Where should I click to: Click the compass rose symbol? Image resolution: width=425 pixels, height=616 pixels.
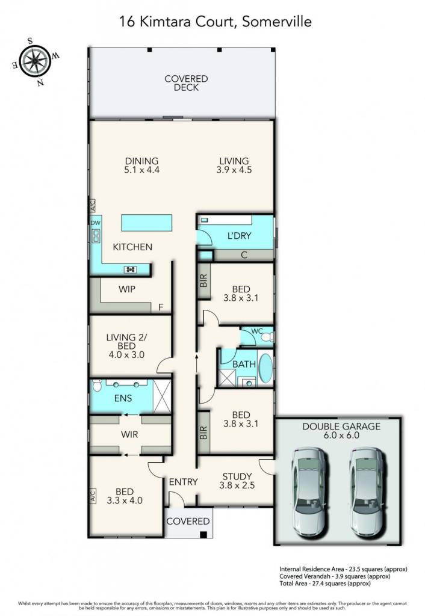35,62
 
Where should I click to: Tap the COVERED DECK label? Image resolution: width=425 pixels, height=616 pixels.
186,83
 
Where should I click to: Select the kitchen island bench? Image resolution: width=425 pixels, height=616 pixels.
147,223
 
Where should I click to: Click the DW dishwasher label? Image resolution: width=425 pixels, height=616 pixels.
96,223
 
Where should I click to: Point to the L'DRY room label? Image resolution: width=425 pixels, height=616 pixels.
239,236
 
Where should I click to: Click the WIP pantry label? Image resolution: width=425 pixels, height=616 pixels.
127,289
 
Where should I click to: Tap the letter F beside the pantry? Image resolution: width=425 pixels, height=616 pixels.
161,307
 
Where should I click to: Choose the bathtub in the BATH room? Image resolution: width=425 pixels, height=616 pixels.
265,369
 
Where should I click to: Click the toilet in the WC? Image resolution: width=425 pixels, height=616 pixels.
267,337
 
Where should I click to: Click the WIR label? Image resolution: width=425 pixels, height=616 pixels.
129,434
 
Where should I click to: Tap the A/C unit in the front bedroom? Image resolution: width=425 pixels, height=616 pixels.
93,496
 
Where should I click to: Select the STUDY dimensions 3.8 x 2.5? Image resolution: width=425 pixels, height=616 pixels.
237,485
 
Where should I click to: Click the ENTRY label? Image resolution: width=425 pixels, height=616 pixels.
183,482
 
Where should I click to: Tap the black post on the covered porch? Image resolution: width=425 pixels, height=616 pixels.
203,534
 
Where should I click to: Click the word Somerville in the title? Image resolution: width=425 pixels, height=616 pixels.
277,22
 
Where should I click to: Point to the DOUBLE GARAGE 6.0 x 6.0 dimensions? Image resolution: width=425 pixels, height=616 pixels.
341,436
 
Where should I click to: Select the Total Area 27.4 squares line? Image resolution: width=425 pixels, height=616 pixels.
325,584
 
